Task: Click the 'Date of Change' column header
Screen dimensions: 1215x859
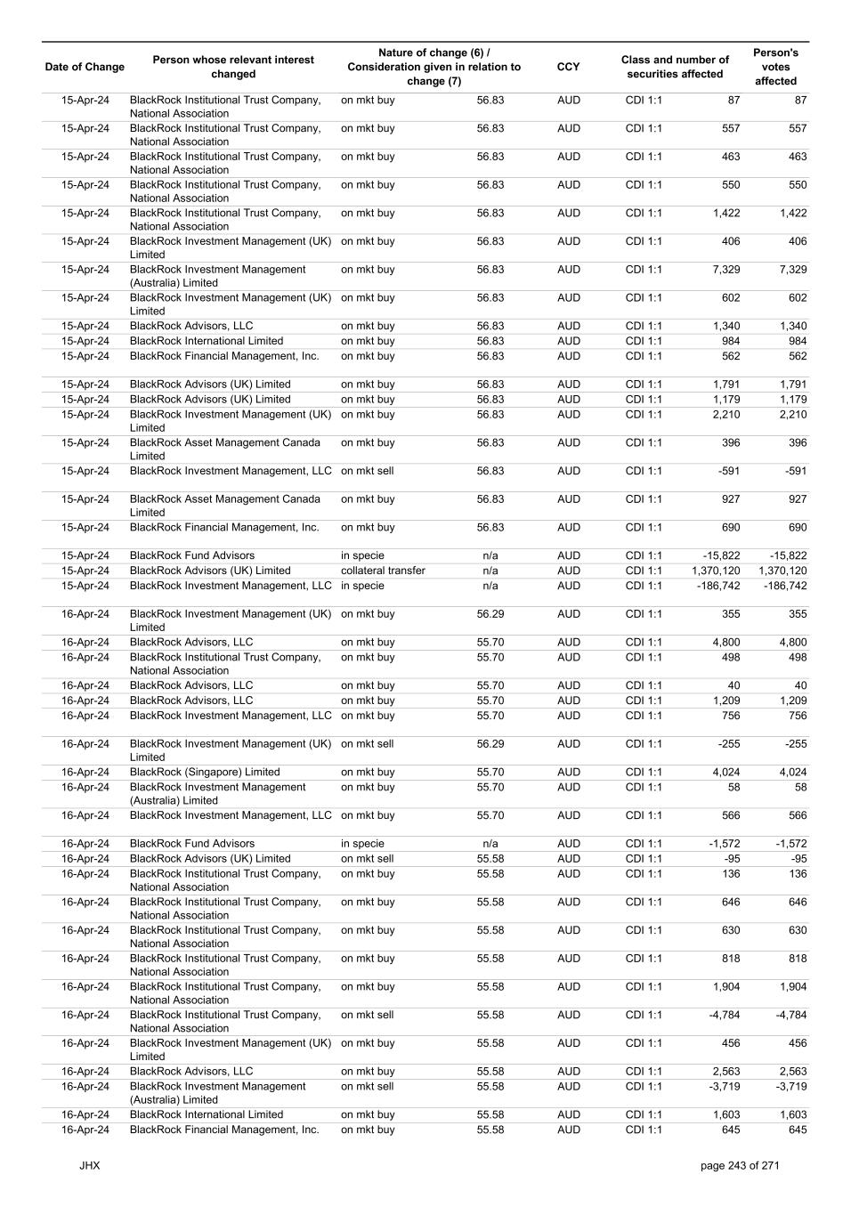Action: point(85,67)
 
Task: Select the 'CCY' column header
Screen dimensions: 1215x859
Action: point(568,67)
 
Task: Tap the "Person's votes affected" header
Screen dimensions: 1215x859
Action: point(775,67)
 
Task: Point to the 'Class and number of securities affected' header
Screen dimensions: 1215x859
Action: point(675,67)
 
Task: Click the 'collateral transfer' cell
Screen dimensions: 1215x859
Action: point(383,571)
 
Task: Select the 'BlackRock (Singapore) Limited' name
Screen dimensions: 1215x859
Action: point(205,773)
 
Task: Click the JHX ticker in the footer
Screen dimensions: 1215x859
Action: point(89,1165)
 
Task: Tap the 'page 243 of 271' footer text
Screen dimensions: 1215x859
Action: point(740,1165)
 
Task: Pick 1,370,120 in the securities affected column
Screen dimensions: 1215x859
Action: point(715,571)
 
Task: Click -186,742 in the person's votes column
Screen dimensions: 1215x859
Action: point(782,586)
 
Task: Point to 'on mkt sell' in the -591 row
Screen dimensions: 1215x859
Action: point(367,471)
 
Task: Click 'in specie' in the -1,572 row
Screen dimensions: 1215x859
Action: point(362,844)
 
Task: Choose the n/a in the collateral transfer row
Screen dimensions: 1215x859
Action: point(490,571)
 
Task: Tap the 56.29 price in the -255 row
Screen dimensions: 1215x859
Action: point(490,744)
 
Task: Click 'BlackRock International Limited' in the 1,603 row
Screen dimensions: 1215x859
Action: point(207,1114)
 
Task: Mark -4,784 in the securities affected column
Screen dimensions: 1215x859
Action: point(722,1016)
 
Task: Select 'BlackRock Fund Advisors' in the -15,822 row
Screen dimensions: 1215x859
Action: point(192,555)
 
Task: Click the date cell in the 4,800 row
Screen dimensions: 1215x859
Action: point(85,643)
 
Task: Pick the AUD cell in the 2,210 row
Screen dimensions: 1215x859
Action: point(568,415)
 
